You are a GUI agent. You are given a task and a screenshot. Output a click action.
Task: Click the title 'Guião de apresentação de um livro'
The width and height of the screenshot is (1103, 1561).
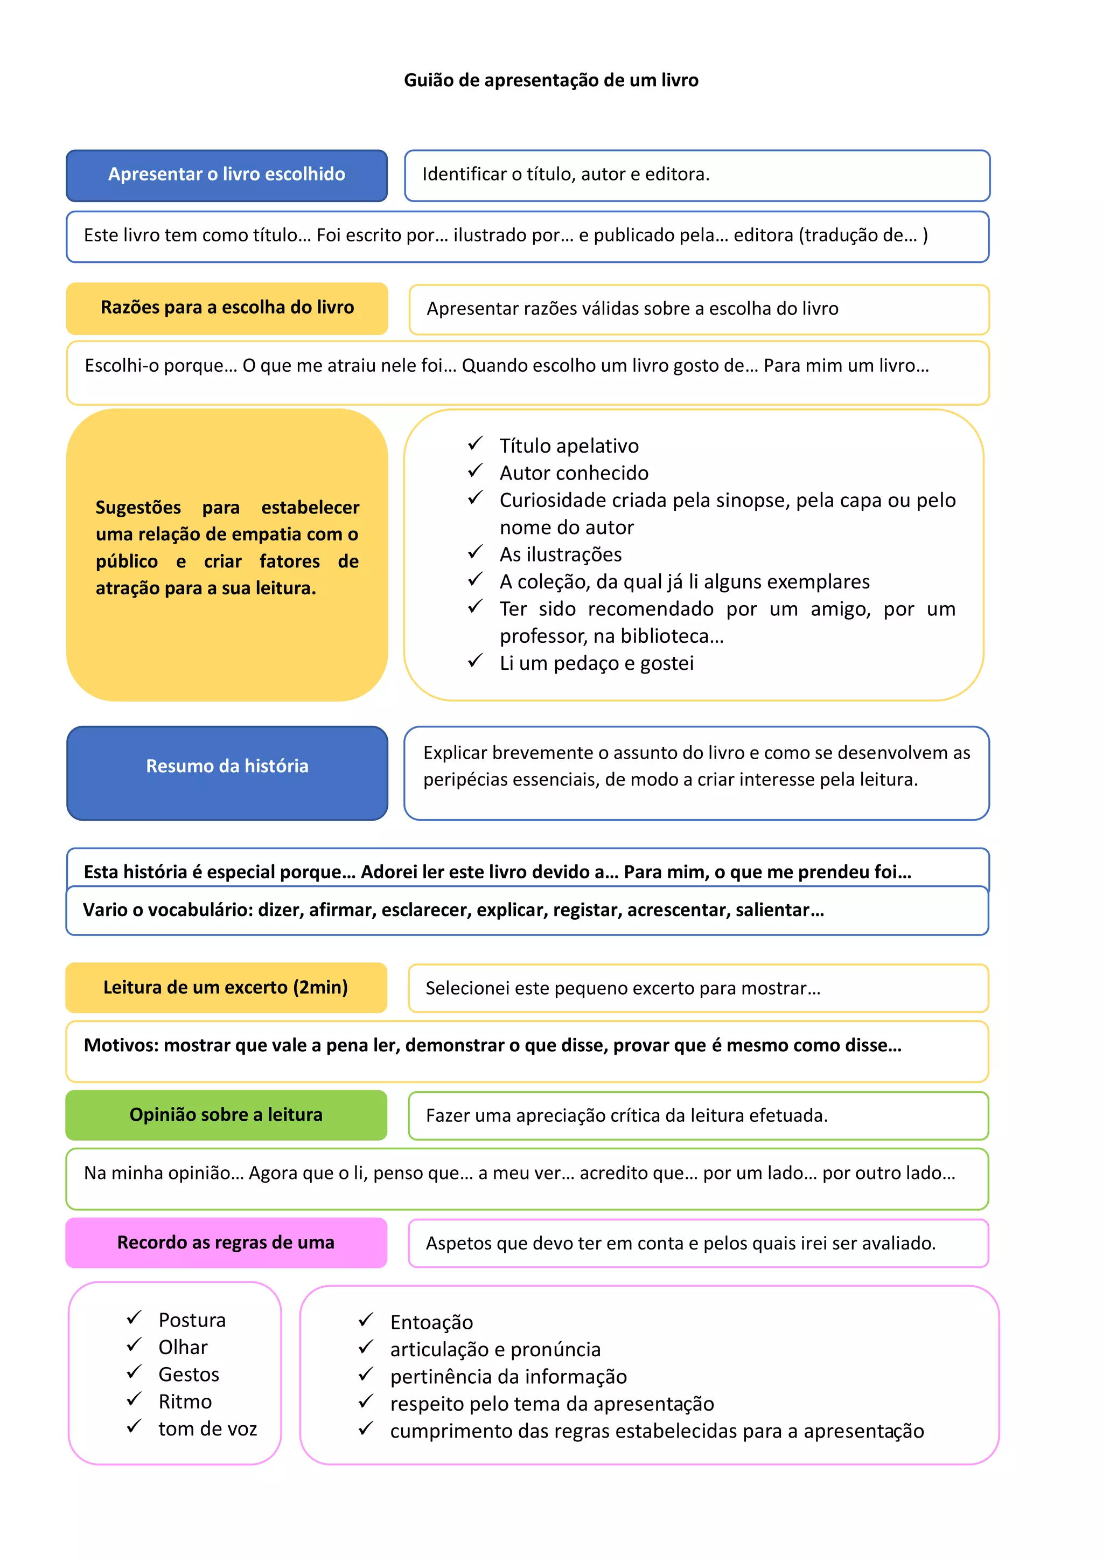[x=550, y=80]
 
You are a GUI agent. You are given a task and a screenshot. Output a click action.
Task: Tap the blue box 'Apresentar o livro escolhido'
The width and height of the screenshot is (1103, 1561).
[x=226, y=175]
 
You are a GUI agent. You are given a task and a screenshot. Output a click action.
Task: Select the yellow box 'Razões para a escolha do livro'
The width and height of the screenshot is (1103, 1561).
[x=227, y=308]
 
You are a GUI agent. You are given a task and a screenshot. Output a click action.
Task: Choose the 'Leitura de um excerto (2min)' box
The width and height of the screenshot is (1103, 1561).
[x=226, y=987]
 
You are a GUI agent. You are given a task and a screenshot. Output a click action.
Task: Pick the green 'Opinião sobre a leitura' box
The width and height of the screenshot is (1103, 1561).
[x=226, y=1115]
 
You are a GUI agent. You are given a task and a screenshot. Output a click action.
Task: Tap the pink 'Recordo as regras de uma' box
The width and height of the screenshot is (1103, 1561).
[x=226, y=1243]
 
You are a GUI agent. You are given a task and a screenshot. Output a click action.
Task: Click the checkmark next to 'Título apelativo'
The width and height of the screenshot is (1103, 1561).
[x=475, y=444]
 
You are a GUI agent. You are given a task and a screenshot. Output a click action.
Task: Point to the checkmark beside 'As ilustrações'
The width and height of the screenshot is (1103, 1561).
[x=475, y=552]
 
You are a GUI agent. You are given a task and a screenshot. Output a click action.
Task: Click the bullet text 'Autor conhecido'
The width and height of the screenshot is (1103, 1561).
[x=574, y=473]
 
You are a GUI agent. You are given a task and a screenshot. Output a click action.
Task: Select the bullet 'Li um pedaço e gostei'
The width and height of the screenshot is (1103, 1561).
[x=596, y=663]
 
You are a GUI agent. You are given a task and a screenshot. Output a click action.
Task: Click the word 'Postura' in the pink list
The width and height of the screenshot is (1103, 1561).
[x=192, y=1320]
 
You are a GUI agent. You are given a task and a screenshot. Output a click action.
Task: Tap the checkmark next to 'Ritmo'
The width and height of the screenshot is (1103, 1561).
[x=134, y=1399]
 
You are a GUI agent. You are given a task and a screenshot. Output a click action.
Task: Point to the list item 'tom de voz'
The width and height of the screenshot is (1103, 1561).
[x=207, y=1428]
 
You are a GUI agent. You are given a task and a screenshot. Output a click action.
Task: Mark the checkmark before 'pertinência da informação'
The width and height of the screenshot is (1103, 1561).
[x=366, y=1375]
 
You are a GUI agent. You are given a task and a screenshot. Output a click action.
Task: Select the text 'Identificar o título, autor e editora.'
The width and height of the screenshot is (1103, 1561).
[x=566, y=175]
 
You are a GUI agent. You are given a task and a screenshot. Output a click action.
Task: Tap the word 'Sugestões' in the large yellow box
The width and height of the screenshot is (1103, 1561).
[x=138, y=508]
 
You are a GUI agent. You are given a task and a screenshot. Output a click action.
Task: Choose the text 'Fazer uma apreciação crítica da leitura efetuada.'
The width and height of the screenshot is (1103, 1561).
[x=626, y=1116]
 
